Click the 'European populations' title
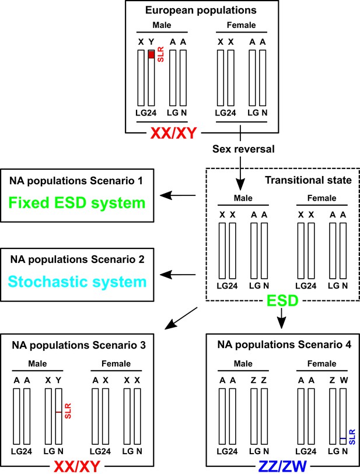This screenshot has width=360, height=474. click(x=201, y=10)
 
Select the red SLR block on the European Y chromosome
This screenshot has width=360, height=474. click(x=151, y=54)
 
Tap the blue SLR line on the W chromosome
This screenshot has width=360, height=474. click(x=342, y=438)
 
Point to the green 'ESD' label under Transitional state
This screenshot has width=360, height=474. click(x=282, y=300)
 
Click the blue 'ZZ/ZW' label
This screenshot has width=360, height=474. click(x=282, y=466)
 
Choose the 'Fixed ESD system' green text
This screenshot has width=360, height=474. click(x=77, y=202)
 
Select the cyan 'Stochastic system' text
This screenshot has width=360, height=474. click(x=77, y=282)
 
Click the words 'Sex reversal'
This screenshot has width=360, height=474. click(x=243, y=149)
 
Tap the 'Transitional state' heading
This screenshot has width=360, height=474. click(x=308, y=180)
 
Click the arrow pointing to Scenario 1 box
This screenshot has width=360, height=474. click(x=177, y=195)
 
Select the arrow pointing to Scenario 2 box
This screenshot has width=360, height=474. click(x=177, y=275)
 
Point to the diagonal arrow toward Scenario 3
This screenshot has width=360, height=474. click(x=181, y=318)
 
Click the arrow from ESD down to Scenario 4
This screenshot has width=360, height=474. click(x=282, y=318)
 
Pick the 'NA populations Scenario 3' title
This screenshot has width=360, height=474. click(x=79, y=345)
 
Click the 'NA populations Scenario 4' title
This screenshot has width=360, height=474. click(x=284, y=345)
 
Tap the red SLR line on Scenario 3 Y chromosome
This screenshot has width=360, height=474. click(x=59, y=412)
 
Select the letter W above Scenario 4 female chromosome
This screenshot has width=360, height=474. click(x=344, y=380)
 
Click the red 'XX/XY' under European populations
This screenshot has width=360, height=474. click(x=174, y=133)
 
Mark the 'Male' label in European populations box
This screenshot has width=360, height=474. click(x=162, y=25)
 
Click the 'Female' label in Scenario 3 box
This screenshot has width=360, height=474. click(x=116, y=363)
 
